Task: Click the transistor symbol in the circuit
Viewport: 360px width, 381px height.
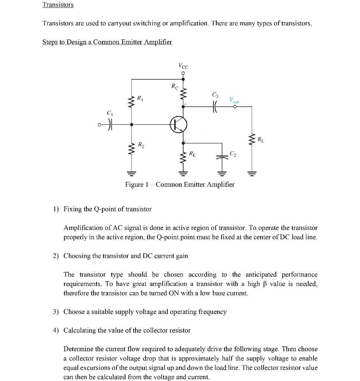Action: click(x=179, y=125)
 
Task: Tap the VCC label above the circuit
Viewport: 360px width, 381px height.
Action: click(x=183, y=66)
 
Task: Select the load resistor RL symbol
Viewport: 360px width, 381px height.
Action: click(x=252, y=140)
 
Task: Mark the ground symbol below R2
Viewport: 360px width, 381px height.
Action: click(x=131, y=173)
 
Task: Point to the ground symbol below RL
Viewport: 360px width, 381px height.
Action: click(x=252, y=173)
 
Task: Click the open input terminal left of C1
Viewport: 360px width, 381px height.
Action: click(x=99, y=125)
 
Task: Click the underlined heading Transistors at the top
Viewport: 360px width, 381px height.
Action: click(x=58, y=5)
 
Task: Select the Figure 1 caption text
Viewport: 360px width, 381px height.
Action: click(x=180, y=185)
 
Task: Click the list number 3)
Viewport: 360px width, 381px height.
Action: click(x=56, y=312)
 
